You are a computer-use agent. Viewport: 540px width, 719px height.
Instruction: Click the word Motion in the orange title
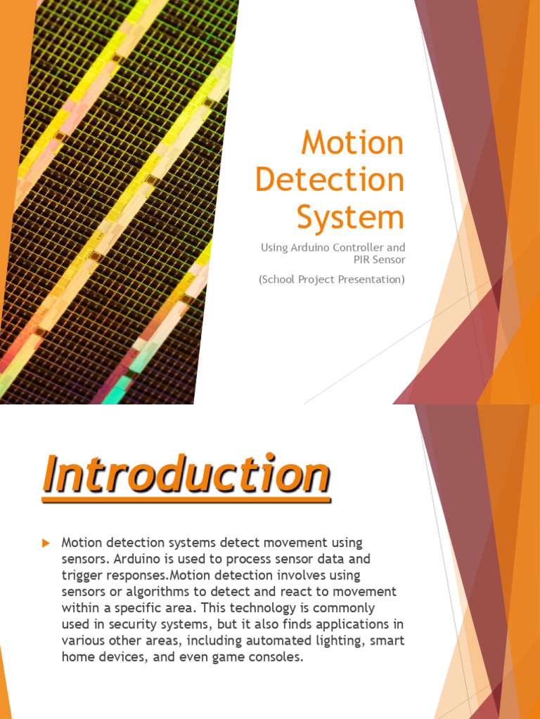[x=353, y=142]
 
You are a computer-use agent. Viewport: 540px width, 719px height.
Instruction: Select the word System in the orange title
[x=351, y=218]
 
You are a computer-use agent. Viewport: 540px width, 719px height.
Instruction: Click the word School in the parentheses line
[x=277, y=279]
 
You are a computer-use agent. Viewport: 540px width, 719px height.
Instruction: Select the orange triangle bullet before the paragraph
[x=46, y=543]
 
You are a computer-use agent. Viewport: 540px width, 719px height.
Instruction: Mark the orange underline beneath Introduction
[x=186, y=499]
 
